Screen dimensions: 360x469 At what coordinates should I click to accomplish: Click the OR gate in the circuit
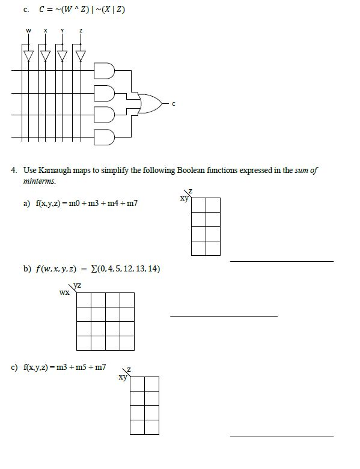pos(150,103)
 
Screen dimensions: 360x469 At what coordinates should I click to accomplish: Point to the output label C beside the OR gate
pos(174,104)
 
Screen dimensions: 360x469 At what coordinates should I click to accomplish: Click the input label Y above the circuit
pos(62,31)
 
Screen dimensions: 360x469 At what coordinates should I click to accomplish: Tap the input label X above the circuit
pos(45,31)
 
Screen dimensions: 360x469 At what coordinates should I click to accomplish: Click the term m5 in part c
pos(80,366)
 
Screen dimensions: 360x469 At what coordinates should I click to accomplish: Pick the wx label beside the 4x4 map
pos(64,293)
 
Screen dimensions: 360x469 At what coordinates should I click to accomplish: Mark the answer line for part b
pos(224,316)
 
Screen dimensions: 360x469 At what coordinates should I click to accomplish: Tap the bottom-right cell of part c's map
pos(151,427)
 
